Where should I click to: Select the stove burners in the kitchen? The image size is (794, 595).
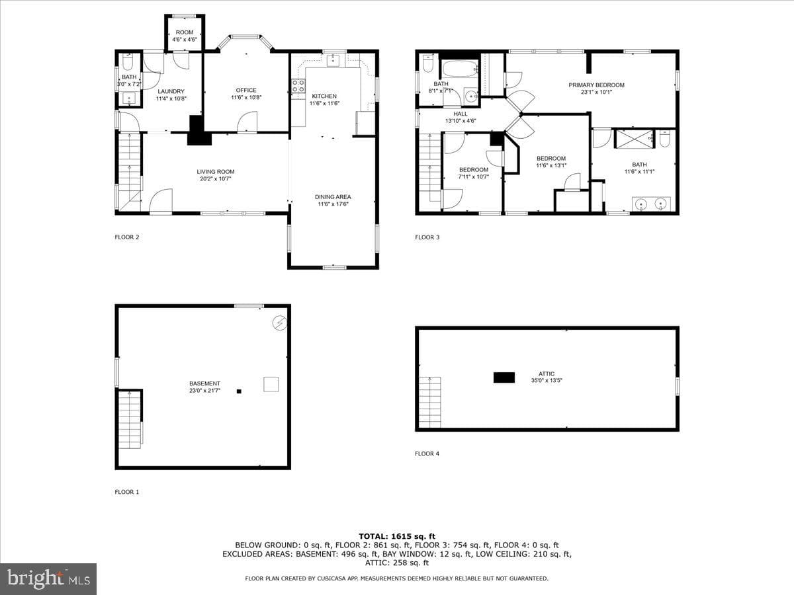(298, 86)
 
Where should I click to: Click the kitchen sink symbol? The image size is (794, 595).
(333, 61)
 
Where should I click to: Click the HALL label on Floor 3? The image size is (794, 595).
(461, 114)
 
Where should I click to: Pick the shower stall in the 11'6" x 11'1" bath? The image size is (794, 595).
(635, 139)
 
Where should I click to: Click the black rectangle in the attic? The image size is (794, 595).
(504, 377)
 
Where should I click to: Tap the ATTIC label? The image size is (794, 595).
(547, 374)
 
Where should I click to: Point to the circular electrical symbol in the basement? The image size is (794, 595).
(280, 323)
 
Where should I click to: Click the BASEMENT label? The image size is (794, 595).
(204, 383)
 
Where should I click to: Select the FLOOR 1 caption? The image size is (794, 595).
(127, 492)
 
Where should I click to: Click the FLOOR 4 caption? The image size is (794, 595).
(427, 454)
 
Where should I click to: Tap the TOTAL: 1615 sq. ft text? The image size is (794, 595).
(397, 536)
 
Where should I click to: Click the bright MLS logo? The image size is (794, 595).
(48, 579)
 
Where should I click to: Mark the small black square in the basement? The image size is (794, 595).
(239, 391)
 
